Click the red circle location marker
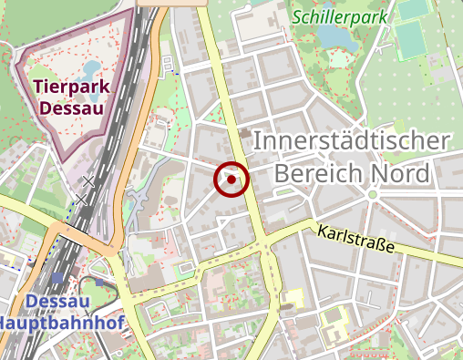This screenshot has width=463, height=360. point(231,180)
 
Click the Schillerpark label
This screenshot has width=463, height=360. point(340,15)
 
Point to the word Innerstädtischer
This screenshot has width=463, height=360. point(351,141)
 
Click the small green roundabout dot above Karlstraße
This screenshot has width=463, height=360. point(372,194)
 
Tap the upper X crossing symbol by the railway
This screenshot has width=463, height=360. point(88,180)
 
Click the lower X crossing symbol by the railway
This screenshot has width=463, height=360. point(81,198)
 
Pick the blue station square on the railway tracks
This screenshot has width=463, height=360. point(59,277)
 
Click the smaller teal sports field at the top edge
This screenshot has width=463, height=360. point(412,8)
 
